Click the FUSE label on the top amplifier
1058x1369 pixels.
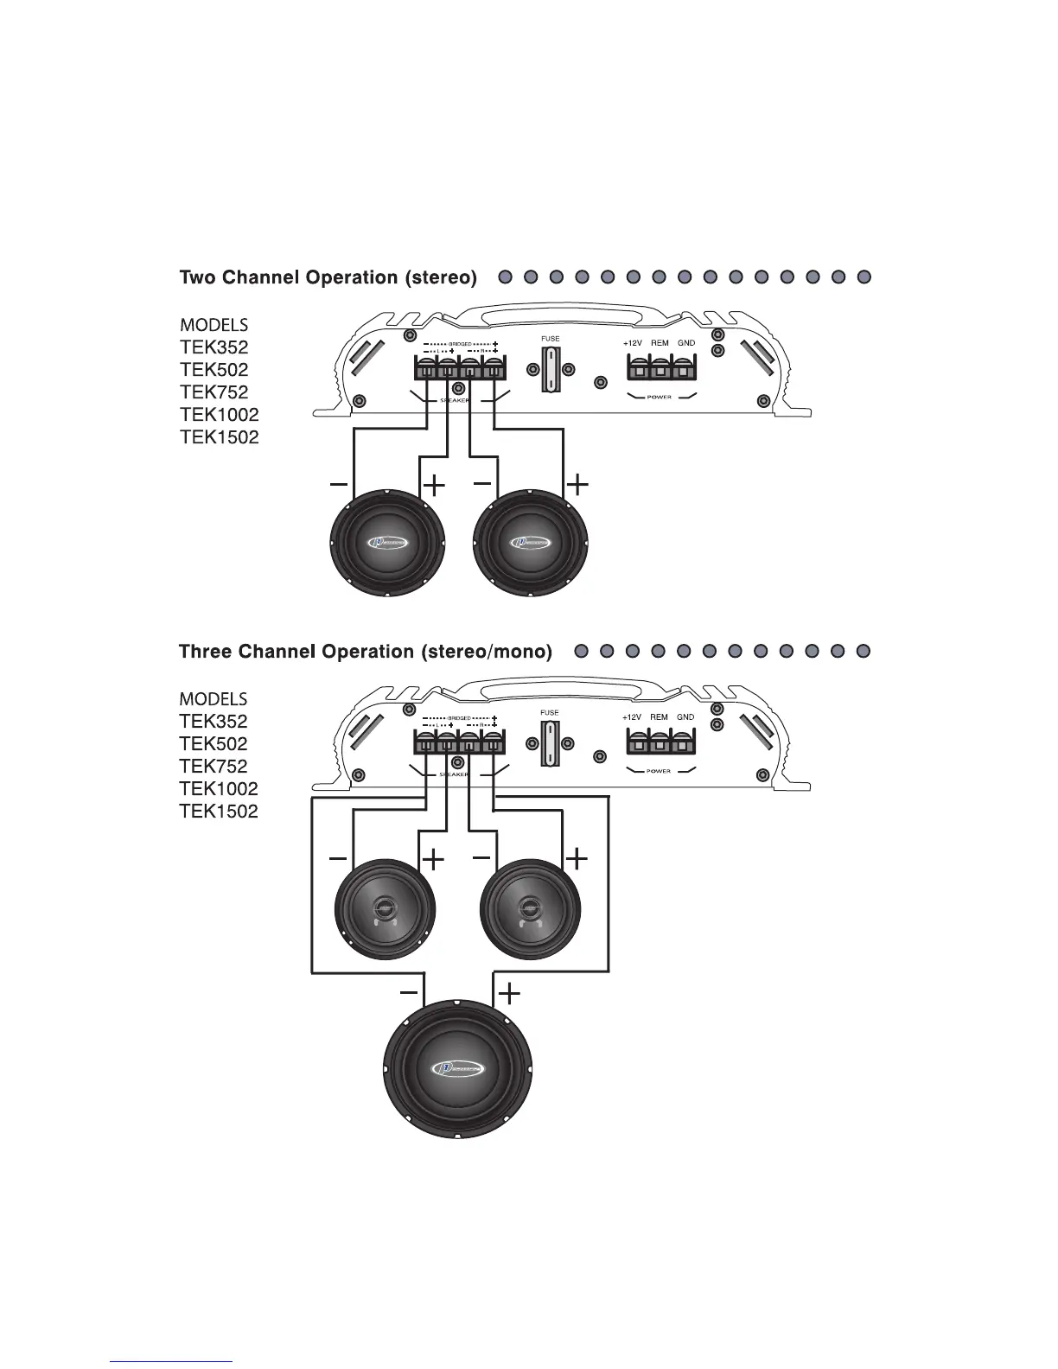click(550, 339)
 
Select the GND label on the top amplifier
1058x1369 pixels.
click(686, 343)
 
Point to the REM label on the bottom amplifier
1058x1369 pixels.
click(660, 717)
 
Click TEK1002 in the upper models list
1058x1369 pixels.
click(219, 415)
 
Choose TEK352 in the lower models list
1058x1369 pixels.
click(213, 722)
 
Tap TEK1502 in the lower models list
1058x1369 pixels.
click(219, 812)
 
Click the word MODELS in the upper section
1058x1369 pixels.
click(214, 326)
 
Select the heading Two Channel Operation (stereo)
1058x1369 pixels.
click(328, 278)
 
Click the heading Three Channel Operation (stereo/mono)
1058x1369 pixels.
click(365, 652)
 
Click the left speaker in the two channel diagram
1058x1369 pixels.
click(390, 542)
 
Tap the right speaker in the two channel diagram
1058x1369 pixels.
click(532, 542)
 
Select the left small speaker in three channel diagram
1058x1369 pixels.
click(385, 908)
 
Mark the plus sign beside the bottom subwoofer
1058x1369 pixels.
click(511, 994)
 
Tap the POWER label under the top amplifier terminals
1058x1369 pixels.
click(659, 398)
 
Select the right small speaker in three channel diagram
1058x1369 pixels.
click(530, 908)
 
